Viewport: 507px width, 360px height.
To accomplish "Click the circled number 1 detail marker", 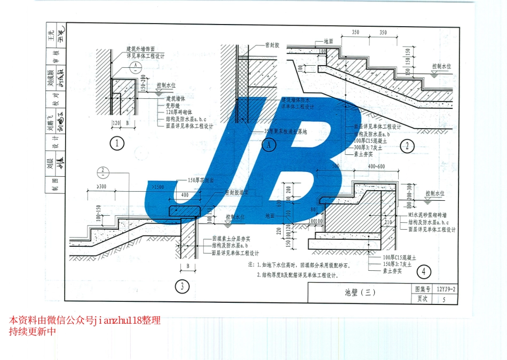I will click(117, 143).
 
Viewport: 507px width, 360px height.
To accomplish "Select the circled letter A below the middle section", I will click(269, 144).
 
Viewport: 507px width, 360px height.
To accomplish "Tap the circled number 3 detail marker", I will click(182, 287).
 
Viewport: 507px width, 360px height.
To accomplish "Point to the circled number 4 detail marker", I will click(424, 272).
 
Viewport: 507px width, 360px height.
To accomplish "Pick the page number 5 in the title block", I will click(444, 299).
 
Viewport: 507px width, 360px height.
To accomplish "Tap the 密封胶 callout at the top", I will click(273, 46).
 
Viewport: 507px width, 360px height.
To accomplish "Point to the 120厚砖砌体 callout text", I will click(182, 113).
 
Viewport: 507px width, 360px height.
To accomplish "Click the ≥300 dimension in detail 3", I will click(100, 186).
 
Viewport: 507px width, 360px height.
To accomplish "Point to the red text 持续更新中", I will click(32, 332).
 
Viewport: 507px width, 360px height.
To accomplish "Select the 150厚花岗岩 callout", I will click(201, 180).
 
